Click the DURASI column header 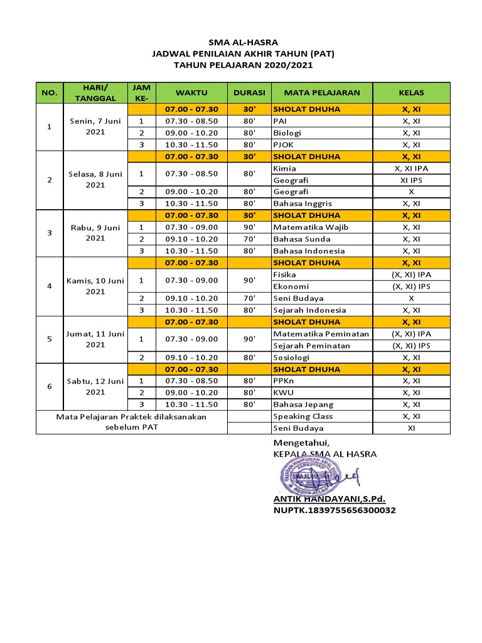(x=249, y=93)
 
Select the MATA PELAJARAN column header (x=322, y=93)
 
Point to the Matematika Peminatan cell (x=321, y=334)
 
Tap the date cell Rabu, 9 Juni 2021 (x=95, y=233)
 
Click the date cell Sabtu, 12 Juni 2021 (x=95, y=387)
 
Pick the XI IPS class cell (x=411, y=180)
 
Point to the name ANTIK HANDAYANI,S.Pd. (x=329, y=499)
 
